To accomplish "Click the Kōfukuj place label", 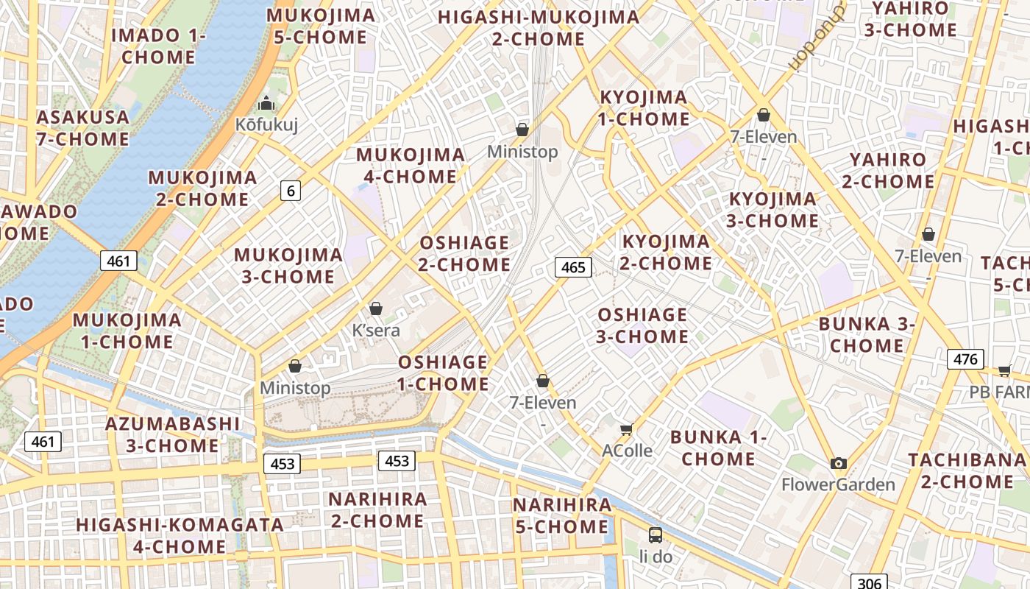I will click(x=266, y=124).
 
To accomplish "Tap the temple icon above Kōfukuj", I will click(x=266, y=104).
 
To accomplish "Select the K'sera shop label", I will click(x=376, y=330).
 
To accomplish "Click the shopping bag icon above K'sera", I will click(x=376, y=308).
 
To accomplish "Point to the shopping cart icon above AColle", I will click(x=627, y=429).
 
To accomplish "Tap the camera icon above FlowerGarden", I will click(x=838, y=463).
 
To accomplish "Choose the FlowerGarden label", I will click(x=838, y=484).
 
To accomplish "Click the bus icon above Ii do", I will click(x=655, y=535).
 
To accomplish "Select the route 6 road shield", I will click(x=291, y=191).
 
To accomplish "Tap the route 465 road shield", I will click(x=573, y=267).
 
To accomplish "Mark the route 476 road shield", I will click(x=965, y=359).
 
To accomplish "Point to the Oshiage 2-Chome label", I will click(x=464, y=253).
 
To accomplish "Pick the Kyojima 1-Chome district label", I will click(x=644, y=107).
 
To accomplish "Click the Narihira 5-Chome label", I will click(x=562, y=515).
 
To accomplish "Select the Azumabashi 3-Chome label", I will click(x=173, y=434).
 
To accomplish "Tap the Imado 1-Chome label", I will click(x=158, y=46).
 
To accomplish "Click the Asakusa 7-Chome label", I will click(x=82, y=128).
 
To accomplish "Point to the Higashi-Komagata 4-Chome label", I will click(x=180, y=535).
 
